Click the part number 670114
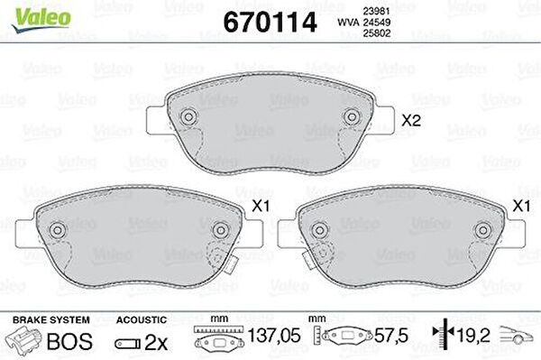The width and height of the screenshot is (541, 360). [270, 22]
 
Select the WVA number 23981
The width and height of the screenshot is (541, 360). [376, 12]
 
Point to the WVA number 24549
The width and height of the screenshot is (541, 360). [376, 23]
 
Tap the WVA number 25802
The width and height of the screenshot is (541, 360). [376, 33]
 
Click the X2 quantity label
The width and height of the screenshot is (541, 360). [411, 121]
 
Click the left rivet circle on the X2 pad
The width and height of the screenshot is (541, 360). [188, 116]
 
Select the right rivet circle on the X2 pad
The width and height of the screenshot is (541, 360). [352, 116]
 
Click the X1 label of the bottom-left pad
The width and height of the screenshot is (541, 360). [261, 207]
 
